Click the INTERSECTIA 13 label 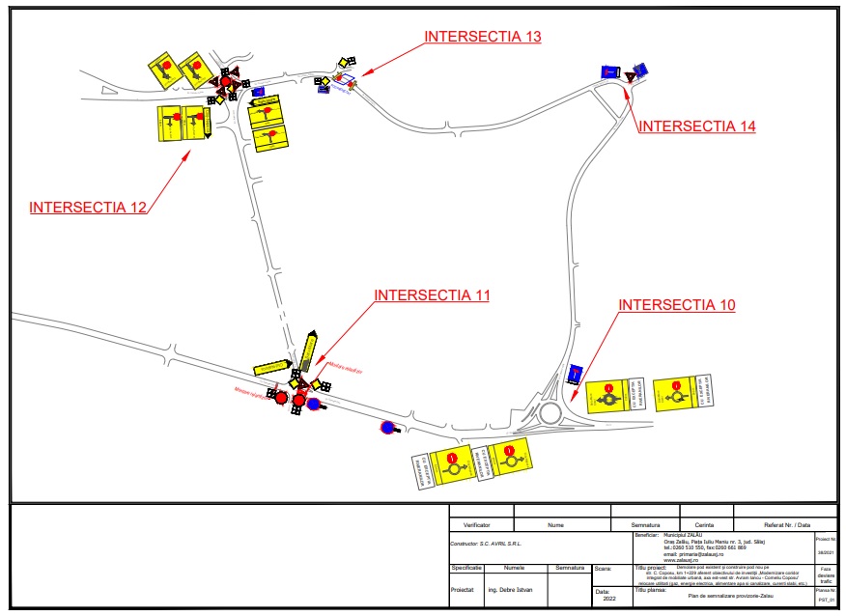[482, 37]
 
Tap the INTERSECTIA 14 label [697, 126]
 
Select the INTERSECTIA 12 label [88, 207]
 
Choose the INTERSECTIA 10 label [677, 305]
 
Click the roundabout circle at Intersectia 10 [551, 412]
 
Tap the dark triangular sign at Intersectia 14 [628, 74]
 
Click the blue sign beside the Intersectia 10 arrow [576, 374]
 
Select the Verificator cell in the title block [476, 524]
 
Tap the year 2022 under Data [608, 599]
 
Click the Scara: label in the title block [604, 569]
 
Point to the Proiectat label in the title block [465, 588]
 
